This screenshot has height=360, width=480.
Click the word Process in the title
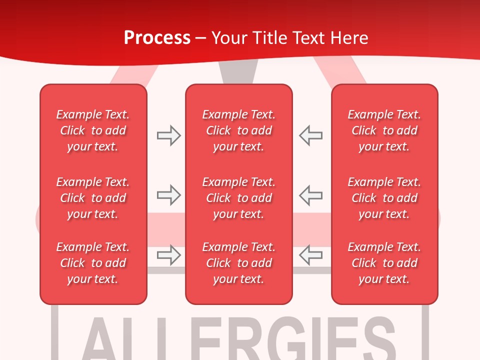157,37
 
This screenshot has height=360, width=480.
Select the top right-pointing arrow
168,135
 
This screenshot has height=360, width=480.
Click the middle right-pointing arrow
168,195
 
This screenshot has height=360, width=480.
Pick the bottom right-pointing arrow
168,255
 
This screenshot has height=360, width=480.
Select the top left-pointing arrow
311,135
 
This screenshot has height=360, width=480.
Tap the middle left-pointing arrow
311,195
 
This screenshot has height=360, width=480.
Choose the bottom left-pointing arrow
311,255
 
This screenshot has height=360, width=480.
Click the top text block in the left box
93,130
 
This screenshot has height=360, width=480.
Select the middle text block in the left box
93,198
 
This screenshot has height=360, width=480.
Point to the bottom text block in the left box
93,263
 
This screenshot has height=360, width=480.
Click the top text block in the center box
238,130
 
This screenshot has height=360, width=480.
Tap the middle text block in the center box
238,198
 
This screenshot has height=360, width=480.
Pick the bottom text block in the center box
238,263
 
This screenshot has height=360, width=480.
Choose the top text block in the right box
384,130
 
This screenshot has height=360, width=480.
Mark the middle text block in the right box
384,198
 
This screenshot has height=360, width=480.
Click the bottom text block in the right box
384,263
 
